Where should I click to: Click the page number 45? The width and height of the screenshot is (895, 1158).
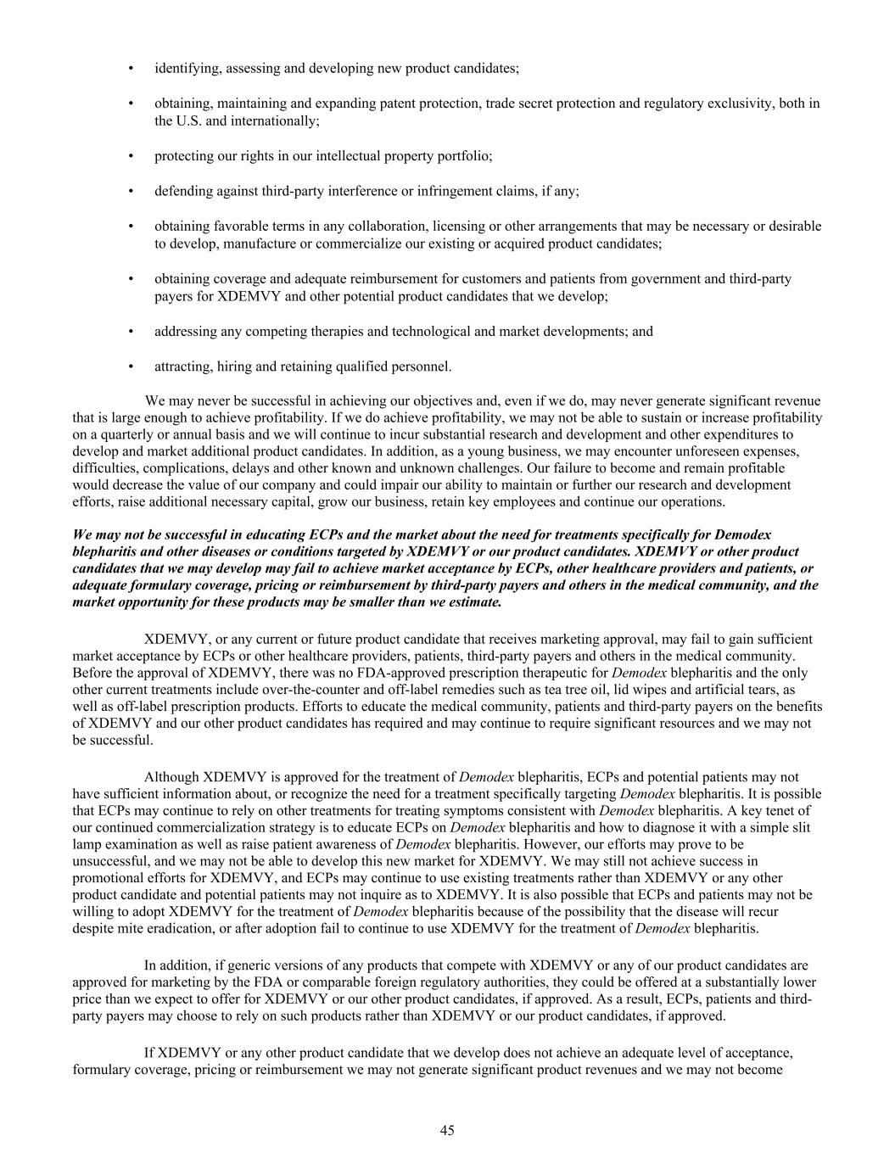tap(447, 1130)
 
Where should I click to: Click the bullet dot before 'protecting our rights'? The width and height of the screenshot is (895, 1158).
tap(131, 156)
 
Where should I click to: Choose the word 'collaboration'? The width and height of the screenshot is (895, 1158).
tap(392, 227)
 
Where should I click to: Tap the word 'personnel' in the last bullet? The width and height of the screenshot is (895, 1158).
tap(422, 366)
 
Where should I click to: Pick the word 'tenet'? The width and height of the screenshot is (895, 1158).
tap(796, 810)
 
